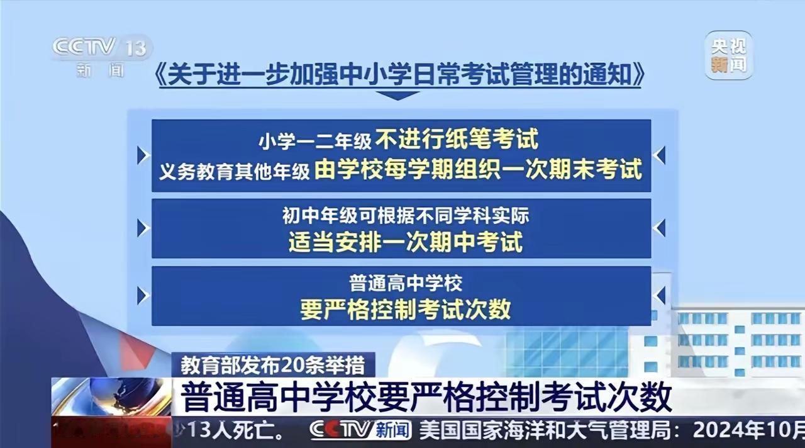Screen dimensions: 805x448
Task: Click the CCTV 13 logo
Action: pyautogui.click(x=102, y=56)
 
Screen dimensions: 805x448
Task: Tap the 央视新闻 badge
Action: pyautogui.click(x=728, y=55)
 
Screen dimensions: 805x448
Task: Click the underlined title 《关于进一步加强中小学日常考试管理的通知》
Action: pyautogui.click(x=399, y=74)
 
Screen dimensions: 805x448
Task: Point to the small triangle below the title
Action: pyautogui.click(x=397, y=95)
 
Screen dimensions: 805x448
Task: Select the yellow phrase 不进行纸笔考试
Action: pyautogui.click(x=457, y=138)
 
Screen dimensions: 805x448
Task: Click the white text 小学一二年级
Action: pyautogui.click(x=315, y=141)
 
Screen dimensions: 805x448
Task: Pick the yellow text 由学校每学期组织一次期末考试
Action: pyautogui.click(x=478, y=169)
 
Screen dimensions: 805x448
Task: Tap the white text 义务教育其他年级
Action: pyautogui.click(x=235, y=171)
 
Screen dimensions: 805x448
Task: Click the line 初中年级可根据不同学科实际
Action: pyautogui.click(x=406, y=215)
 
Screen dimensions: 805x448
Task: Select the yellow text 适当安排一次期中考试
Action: pyautogui.click(x=406, y=242)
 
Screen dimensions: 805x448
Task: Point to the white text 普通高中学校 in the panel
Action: pyautogui.click(x=406, y=283)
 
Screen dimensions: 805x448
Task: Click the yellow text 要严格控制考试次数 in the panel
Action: pyautogui.click(x=406, y=309)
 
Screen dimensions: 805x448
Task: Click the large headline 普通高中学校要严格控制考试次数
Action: pyautogui.click(x=426, y=397)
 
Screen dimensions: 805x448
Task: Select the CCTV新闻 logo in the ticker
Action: pyautogui.click(x=360, y=429)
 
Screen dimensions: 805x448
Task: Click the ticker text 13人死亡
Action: pyautogui.click(x=236, y=430)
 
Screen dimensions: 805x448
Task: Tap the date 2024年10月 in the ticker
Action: pyautogui.click(x=749, y=430)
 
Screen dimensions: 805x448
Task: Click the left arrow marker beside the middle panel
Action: pyautogui.click(x=143, y=228)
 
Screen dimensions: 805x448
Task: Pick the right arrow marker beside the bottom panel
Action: pyautogui.click(x=659, y=296)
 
